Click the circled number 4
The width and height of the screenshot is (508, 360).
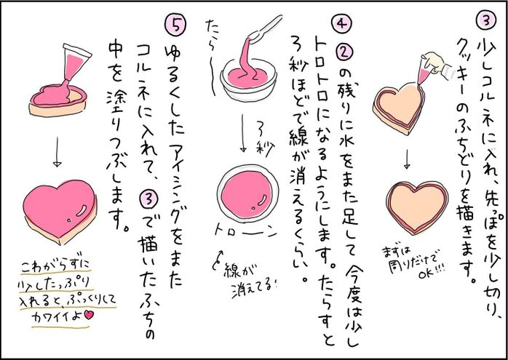(x=341, y=24)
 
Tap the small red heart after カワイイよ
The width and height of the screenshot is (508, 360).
(x=89, y=315)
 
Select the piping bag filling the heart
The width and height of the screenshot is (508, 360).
(x=75, y=63)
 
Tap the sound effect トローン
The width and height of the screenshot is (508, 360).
(x=246, y=232)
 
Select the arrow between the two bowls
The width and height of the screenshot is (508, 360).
(x=243, y=134)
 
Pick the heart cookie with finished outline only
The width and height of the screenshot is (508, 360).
(x=417, y=207)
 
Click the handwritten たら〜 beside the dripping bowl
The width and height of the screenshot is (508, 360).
(x=211, y=58)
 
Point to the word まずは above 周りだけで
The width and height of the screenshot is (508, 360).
(x=394, y=252)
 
